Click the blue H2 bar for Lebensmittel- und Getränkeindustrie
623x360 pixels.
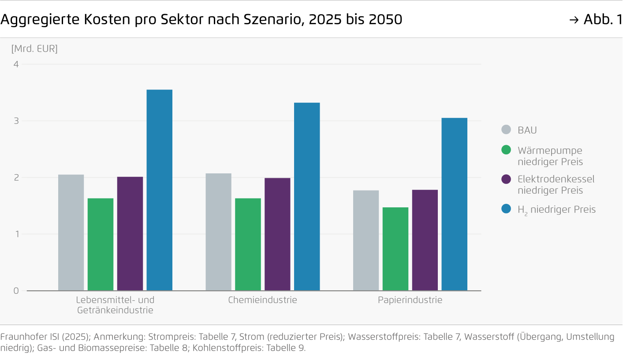pyautogui.click(x=159, y=190)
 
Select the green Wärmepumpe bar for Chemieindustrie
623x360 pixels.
pyautogui.click(x=248, y=244)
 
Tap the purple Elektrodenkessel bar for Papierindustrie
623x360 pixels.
pyautogui.click(x=425, y=240)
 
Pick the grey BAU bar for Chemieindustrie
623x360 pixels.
pyautogui.click(x=218, y=232)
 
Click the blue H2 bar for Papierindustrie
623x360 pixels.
pyautogui.click(x=454, y=204)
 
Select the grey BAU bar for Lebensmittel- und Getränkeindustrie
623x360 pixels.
pyautogui.click(x=71, y=232)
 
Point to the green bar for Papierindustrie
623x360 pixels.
pyautogui.click(x=395, y=249)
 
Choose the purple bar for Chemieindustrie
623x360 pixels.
pyautogui.click(x=277, y=234)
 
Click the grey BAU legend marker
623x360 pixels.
pyautogui.click(x=506, y=130)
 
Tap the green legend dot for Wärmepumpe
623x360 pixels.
pyautogui.click(x=506, y=150)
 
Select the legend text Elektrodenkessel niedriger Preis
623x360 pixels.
pyautogui.click(x=556, y=184)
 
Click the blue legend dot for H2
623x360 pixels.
pyautogui.click(x=506, y=209)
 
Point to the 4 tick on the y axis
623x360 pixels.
pyautogui.click(x=16, y=64)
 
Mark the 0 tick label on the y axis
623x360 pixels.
pyautogui.click(x=16, y=291)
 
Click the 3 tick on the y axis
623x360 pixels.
pyautogui.click(x=16, y=121)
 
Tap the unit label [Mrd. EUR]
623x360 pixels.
pyautogui.click(x=34, y=49)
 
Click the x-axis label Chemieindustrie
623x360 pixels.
pyautogui.click(x=262, y=300)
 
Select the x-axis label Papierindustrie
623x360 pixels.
pyautogui.click(x=410, y=300)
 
